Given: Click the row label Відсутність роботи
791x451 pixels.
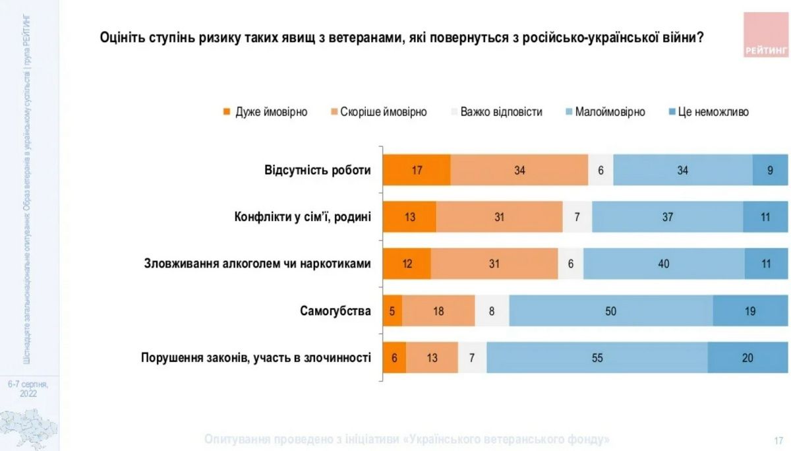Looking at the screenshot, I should pyautogui.click(x=318, y=170).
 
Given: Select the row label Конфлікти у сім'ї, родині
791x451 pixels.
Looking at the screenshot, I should pyautogui.click(x=303, y=217).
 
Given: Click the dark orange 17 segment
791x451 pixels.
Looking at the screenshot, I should pyautogui.click(x=417, y=170).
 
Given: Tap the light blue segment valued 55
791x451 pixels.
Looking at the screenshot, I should pyautogui.click(x=597, y=358).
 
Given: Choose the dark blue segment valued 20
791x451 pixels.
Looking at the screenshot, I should pyautogui.click(x=747, y=358).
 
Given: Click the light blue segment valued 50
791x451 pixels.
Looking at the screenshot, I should pyautogui.click(x=611, y=311).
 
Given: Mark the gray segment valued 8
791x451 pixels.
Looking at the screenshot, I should pyautogui.click(x=492, y=311).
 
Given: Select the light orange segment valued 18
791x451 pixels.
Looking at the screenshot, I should pyautogui.click(x=438, y=311).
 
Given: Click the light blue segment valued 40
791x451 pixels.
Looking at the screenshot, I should pyautogui.click(x=664, y=264).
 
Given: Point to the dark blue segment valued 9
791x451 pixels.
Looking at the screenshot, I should pyautogui.click(x=771, y=170).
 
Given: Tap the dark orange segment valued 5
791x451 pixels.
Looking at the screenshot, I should pyautogui.click(x=392, y=311).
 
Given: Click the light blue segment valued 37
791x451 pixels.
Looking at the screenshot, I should pyautogui.click(x=667, y=217).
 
